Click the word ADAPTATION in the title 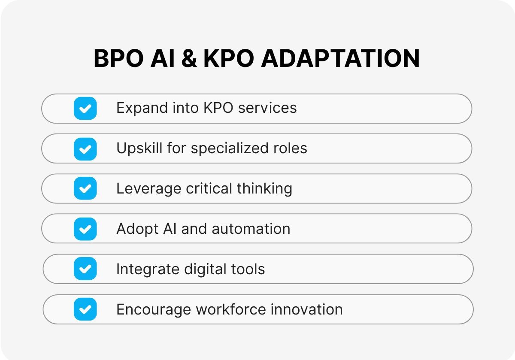tap(341, 59)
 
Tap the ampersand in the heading tap(189, 59)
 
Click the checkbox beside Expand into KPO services tap(85, 108)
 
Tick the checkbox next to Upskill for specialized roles tap(85, 148)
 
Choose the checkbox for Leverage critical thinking tap(85, 188)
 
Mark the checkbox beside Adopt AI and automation tap(85, 229)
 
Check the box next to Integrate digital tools tap(85, 269)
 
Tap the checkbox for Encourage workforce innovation tap(85, 309)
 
